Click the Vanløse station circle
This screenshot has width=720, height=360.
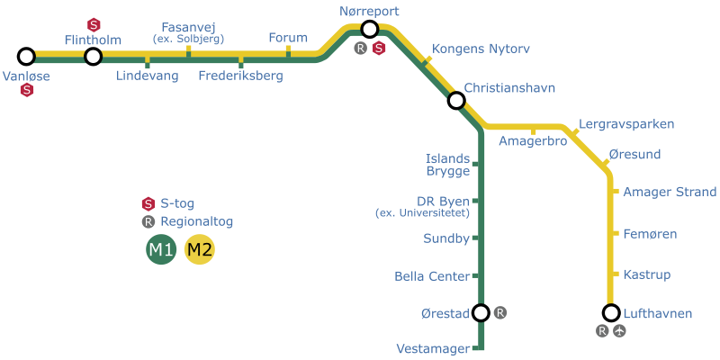click(x=27, y=57)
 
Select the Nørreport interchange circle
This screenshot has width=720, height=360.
click(x=370, y=30)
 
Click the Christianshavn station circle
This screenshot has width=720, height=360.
click(x=456, y=100)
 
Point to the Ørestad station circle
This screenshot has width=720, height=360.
click(x=481, y=313)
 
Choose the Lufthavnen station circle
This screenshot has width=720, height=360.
click(x=611, y=313)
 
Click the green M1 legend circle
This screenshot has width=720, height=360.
click(x=161, y=250)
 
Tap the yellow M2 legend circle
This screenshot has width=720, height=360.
click(x=200, y=250)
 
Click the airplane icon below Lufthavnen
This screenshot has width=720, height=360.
click(x=620, y=330)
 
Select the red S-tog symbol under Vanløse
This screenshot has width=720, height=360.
click(x=27, y=91)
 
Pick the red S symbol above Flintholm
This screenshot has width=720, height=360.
click(x=94, y=25)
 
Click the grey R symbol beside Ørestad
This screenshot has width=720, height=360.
click(x=500, y=313)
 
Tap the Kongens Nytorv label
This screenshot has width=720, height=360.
click(x=481, y=49)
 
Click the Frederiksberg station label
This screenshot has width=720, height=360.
click(x=241, y=76)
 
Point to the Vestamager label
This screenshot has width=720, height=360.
click(x=435, y=349)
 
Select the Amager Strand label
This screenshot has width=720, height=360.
click(x=670, y=192)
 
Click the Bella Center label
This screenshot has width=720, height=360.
click(x=432, y=276)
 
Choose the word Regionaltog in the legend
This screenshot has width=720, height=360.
click(x=197, y=221)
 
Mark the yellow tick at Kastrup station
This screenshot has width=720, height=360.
click(x=616, y=274)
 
